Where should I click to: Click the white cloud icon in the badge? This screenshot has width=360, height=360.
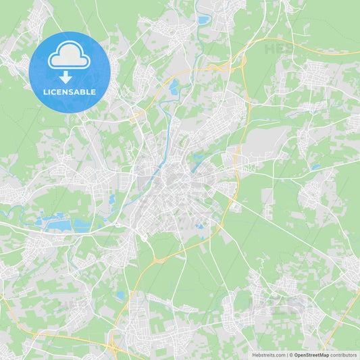[x=69, y=56]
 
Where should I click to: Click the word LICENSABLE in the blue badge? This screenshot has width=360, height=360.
[x=70, y=92]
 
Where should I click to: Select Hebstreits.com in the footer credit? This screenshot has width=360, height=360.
[x=268, y=355]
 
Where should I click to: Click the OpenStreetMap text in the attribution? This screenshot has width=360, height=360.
[x=311, y=355]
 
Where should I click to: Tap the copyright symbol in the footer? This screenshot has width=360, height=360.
[x=290, y=355]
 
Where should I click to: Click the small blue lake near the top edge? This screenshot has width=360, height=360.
[x=203, y=20]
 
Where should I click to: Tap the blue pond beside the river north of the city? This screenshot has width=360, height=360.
[x=174, y=86]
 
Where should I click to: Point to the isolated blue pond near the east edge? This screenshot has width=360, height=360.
[x=315, y=166]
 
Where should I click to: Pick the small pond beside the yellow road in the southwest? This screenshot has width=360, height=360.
[x=120, y=295]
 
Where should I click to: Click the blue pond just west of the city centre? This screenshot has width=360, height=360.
[x=112, y=199]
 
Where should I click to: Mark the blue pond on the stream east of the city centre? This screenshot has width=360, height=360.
[x=197, y=159]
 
